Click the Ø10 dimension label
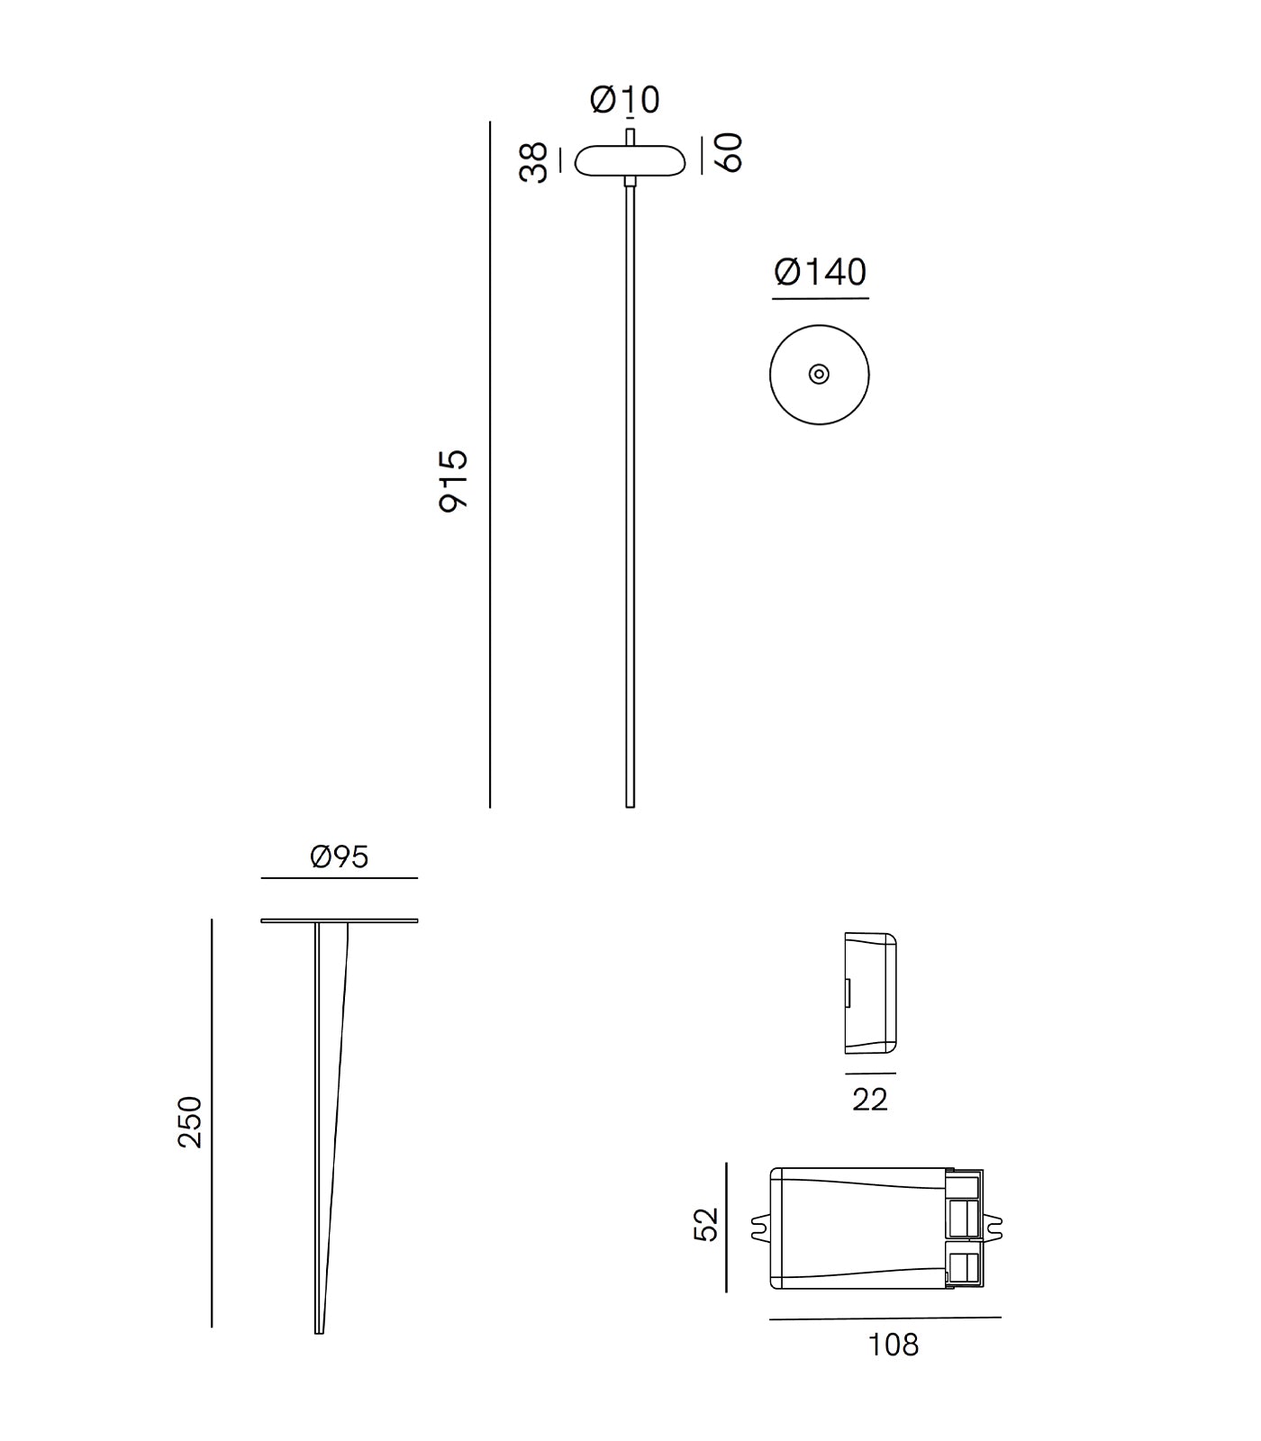[x=625, y=99]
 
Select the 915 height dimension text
[x=453, y=481]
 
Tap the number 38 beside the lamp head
[x=534, y=162]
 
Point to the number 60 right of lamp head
[x=728, y=152]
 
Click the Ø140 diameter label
[x=821, y=272]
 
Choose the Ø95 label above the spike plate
[x=340, y=856]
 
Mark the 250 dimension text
[x=191, y=1121]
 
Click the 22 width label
[x=870, y=1099]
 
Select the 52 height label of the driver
[x=708, y=1224]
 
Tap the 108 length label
[x=894, y=1345]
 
